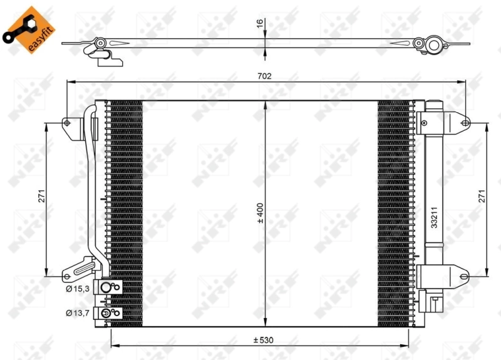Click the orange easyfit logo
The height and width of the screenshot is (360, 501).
(x=26, y=28)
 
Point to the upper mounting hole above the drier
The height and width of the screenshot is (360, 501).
(x=464, y=123)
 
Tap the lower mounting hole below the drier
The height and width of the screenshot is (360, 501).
(x=464, y=275)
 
